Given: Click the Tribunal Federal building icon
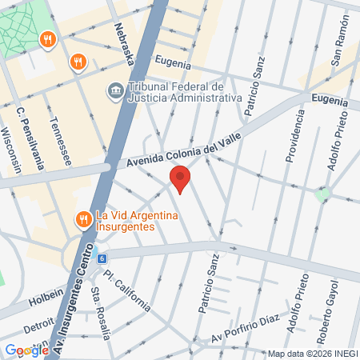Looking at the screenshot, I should click(114, 91).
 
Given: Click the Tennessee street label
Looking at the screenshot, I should click(60, 142).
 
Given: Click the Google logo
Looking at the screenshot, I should click(26, 350).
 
